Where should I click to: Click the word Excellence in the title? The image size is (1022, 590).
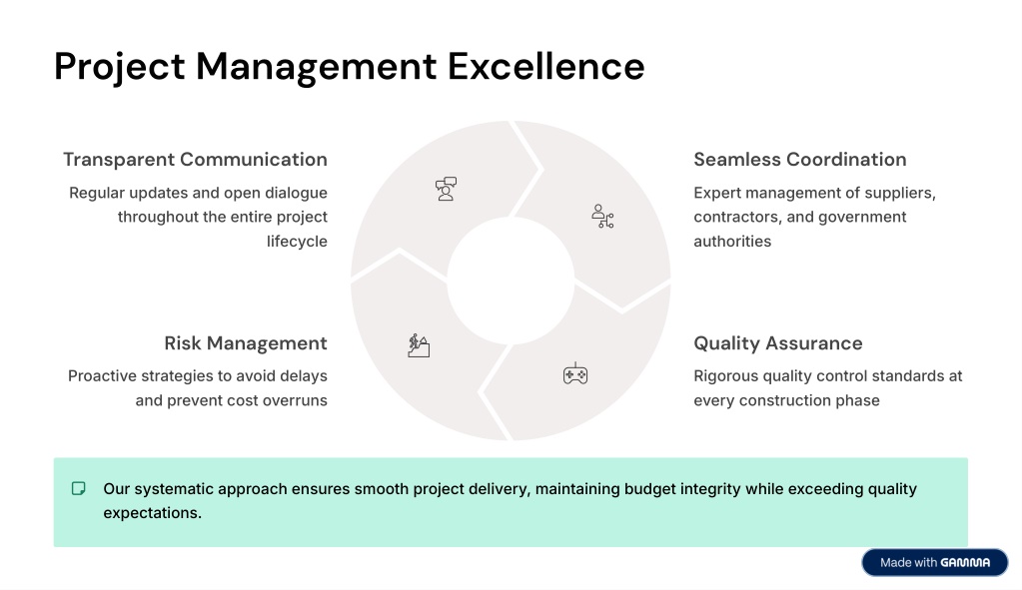(545, 67)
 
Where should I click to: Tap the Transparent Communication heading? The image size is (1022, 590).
(195, 160)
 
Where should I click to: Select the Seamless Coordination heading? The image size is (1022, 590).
(800, 160)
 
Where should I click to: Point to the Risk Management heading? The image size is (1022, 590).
(246, 343)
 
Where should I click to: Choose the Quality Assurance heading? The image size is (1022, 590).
(777, 343)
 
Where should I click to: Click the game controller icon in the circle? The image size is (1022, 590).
(575, 373)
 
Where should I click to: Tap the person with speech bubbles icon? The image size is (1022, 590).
(446, 189)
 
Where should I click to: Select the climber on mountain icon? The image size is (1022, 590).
(419, 345)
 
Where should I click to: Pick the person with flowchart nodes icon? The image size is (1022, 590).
(602, 217)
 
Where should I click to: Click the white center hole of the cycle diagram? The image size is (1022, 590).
(511, 281)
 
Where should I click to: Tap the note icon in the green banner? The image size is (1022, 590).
(78, 488)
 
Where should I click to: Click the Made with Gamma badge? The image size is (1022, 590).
(935, 563)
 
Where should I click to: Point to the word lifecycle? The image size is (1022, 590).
(297, 242)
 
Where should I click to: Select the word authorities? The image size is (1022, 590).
(732, 242)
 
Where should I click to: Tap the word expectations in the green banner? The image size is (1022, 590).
(153, 513)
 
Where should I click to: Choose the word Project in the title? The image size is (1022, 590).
(120, 68)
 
